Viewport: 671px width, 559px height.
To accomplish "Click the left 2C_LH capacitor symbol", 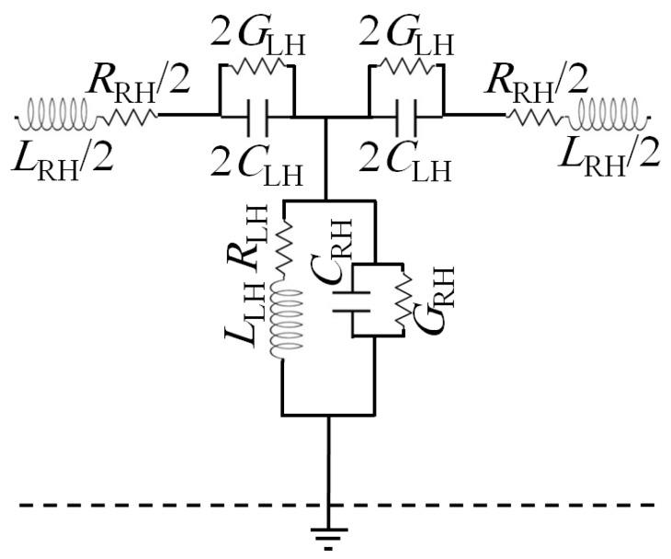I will (256, 117).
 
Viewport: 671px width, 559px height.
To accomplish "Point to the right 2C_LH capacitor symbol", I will (405, 117).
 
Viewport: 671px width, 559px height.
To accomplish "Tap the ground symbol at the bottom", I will (328, 533).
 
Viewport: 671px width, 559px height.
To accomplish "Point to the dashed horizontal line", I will (138, 505).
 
